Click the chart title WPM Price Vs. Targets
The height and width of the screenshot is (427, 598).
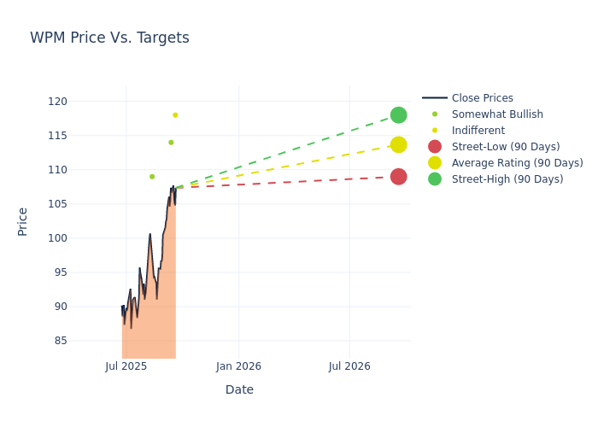(109, 38)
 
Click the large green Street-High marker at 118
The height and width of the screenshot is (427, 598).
(398, 115)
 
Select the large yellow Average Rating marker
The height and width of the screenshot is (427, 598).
(398, 145)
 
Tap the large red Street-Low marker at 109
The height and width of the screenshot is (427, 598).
(398, 177)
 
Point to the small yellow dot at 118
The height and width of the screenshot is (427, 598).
(175, 115)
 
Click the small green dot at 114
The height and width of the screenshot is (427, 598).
(171, 143)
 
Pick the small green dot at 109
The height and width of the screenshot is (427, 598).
(152, 177)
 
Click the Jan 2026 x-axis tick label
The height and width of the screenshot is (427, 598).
(238, 366)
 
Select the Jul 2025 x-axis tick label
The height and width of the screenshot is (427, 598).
(126, 366)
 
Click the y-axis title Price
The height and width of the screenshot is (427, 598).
(23, 221)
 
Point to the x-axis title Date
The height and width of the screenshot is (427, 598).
(239, 389)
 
